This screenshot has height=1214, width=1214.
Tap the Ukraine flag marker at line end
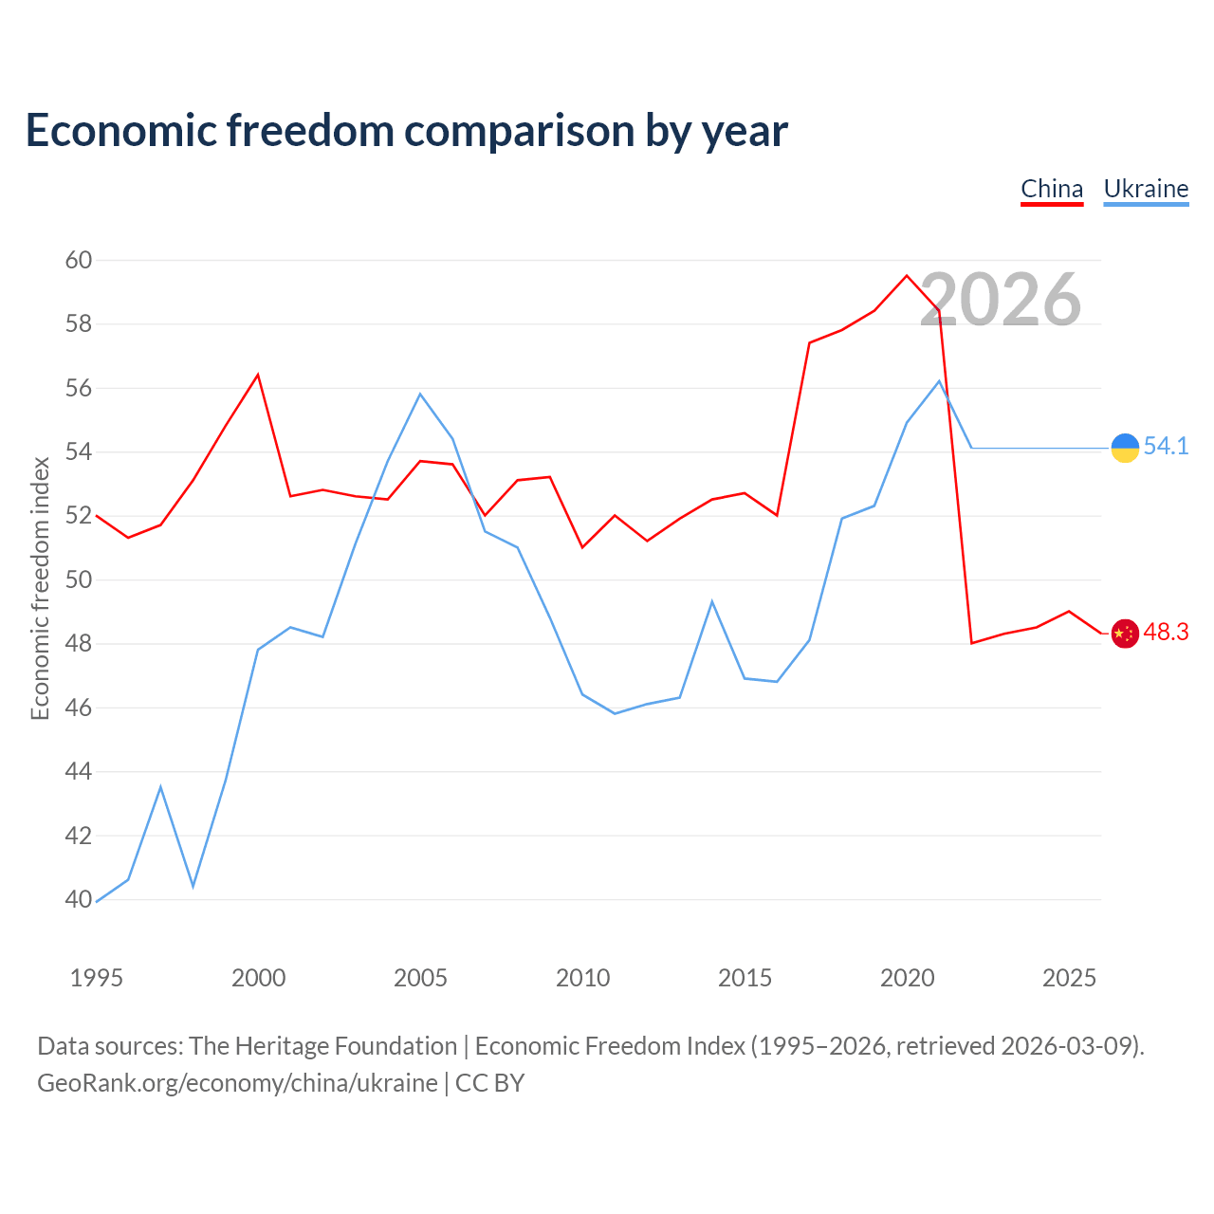(x=1125, y=448)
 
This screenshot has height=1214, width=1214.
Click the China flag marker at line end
(x=1125, y=634)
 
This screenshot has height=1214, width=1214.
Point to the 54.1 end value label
(x=1166, y=446)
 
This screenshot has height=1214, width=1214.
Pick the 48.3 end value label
(x=1166, y=632)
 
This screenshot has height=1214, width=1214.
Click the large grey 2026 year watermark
(x=1001, y=300)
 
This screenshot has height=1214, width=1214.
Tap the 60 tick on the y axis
(x=79, y=260)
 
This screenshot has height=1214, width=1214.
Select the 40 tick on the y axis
(x=79, y=899)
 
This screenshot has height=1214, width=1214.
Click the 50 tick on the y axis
(x=79, y=579)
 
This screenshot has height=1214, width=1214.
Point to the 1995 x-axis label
(x=97, y=978)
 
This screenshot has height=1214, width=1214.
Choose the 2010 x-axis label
(x=582, y=978)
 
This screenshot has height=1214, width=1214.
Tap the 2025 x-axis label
(x=1069, y=978)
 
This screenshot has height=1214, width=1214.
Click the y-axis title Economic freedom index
(x=41, y=588)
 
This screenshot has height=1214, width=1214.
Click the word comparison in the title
(x=519, y=132)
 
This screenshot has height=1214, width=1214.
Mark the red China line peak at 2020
(x=907, y=275)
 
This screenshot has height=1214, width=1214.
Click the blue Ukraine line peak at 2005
(x=420, y=394)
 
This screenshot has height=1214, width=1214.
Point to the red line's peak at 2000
(x=258, y=375)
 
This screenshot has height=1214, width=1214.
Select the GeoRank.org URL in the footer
(x=237, y=1083)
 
